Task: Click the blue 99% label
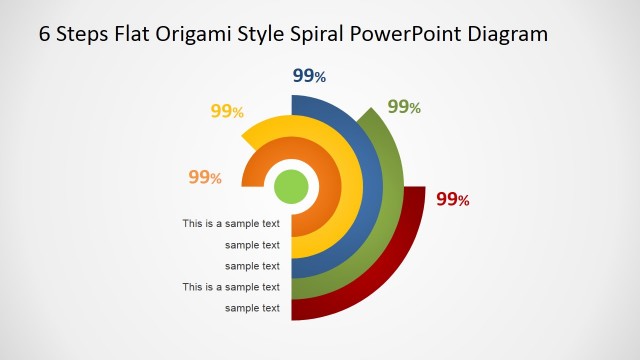pyautogui.click(x=309, y=76)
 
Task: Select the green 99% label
pyautogui.click(x=404, y=107)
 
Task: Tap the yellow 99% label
pyautogui.click(x=227, y=111)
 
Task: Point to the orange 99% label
pyautogui.click(x=205, y=177)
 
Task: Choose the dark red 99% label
pyautogui.click(x=453, y=199)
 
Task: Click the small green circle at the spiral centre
pyautogui.click(x=291, y=186)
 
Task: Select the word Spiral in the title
pyautogui.click(x=317, y=34)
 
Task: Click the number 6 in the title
pyautogui.click(x=45, y=34)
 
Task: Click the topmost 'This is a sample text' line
pyautogui.click(x=231, y=224)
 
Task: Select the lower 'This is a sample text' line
pyautogui.click(x=231, y=287)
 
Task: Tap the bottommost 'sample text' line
pyautogui.click(x=252, y=308)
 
